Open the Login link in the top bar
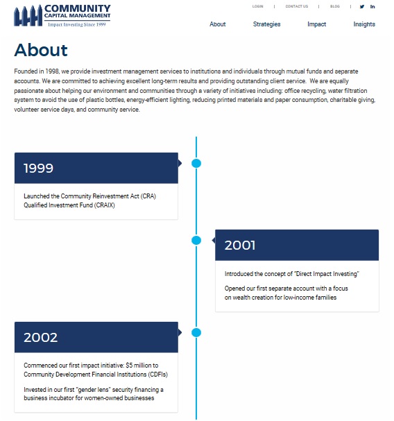[x=258, y=6]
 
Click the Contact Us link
[x=296, y=6]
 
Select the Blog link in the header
[x=335, y=6]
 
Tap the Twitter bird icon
[x=361, y=6]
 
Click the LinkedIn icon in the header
[x=372, y=6]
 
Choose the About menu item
[x=218, y=24]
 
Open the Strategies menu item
[x=266, y=24]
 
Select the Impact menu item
[x=316, y=24]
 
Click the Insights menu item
[x=364, y=24]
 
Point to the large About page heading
[x=41, y=50]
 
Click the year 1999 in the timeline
[x=38, y=168]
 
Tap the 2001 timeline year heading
[x=240, y=245]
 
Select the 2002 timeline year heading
[x=40, y=338]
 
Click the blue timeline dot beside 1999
[x=196, y=164]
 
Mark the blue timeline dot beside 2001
[x=196, y=240]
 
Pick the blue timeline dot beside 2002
[x=196, y=332]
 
